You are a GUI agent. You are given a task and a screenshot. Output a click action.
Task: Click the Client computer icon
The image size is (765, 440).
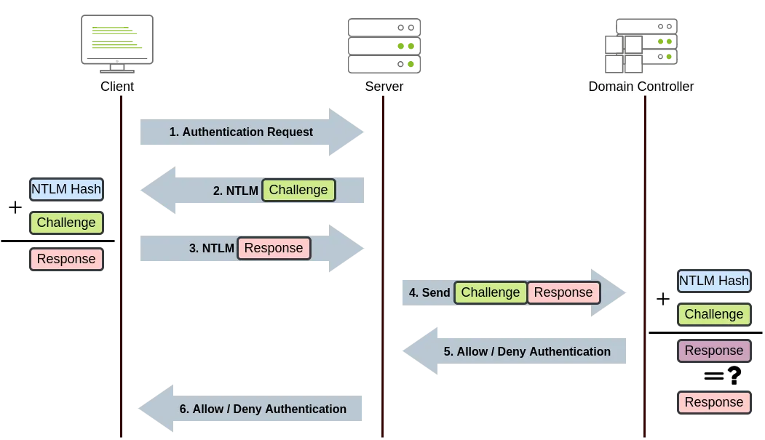(116, 41)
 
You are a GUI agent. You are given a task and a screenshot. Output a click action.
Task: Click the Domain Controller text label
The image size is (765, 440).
(641, 87)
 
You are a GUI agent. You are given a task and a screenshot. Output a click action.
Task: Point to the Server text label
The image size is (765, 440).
(384, 87)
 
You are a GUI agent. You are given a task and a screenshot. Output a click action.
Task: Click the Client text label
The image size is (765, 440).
(116, 87)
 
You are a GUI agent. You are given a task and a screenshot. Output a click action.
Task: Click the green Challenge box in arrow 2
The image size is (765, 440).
(298, 190)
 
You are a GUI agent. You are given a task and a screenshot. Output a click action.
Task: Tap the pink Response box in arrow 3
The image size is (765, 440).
(274, 248)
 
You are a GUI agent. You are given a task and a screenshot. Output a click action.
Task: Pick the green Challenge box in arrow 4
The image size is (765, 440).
(491, 292)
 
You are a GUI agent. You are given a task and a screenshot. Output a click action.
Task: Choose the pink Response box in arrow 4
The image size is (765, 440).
(563, 292)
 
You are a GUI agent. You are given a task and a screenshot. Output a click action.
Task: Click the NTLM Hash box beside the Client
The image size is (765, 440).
(66, 190)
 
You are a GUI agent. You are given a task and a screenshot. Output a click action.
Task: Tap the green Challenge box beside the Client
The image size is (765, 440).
(66, 223)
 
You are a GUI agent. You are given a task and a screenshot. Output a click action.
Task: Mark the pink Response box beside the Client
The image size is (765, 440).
(66, 259)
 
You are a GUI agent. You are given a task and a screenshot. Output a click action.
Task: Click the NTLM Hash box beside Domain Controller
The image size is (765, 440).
(713, 281)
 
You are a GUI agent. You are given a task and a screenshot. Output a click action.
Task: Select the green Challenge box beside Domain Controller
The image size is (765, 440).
(713, 314)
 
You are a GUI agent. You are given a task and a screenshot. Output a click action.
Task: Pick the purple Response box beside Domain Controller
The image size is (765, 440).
(713, 351)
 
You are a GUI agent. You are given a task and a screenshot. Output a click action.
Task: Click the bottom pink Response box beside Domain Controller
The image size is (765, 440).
(713, 402)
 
